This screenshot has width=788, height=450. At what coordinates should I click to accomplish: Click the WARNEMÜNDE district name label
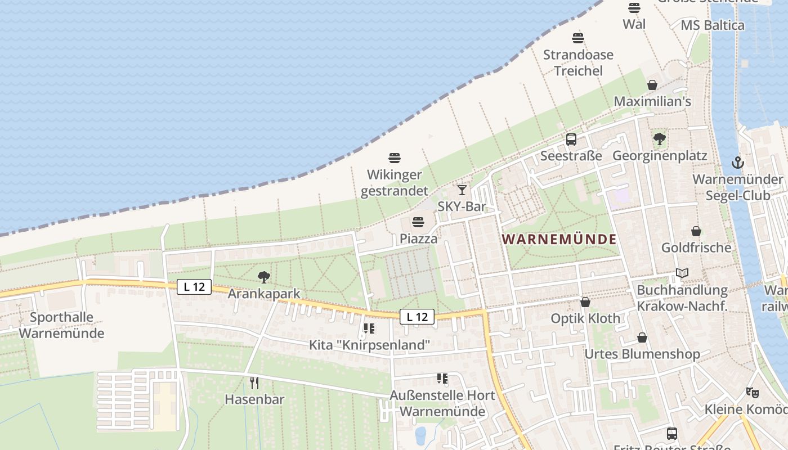coord(559,239)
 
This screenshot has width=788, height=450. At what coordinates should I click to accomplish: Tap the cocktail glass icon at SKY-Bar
coord(462,190)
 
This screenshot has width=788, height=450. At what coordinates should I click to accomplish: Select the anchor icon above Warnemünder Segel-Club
coord(737,163)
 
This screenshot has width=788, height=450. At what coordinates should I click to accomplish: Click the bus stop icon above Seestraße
coord(571,139)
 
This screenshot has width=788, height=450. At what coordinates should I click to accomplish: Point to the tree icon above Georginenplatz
coord(659,138)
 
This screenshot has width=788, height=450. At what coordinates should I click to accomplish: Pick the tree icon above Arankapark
coord(263,277)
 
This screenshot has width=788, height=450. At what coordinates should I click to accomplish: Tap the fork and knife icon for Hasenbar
coord(254,383)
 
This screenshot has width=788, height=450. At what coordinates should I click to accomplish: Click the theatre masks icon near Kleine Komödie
coord(752,392)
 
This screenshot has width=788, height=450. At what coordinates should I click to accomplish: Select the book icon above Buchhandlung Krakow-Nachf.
coord(682,273)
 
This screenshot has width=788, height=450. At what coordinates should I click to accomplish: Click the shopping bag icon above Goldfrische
coord(696,231)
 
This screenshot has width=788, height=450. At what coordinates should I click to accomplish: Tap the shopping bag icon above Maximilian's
coord(652,85)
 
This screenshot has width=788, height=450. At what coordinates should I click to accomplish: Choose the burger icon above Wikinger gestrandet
coord(394,158)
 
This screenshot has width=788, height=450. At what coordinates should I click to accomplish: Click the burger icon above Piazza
coord(418,222)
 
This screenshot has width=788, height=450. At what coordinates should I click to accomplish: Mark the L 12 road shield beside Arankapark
coord(194,287)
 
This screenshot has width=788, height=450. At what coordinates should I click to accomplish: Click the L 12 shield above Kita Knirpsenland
coord(417,317)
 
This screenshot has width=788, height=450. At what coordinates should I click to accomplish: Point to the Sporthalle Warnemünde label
coord(61,325)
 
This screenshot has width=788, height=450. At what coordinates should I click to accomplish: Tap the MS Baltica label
coord(712,25)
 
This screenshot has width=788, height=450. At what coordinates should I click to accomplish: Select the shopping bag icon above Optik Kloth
coord(585,302)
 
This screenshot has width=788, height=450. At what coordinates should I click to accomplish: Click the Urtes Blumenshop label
coord(642,354)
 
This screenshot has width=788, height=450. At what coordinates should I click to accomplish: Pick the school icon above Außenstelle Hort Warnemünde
coord(442,379)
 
